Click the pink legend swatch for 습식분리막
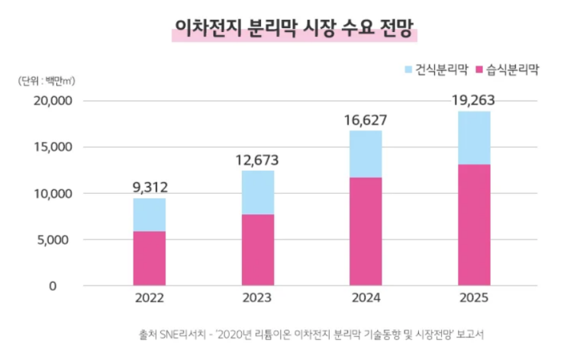click(480, 70)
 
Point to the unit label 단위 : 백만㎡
click(45, 80)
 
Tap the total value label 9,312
click(150, 185)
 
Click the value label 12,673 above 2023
click(257, 160)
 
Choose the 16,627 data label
click(366, 120)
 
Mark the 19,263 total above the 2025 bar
click(474, 100)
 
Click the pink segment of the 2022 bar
click(150, 259)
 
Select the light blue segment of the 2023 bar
click(257, 192)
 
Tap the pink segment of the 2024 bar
click(366, 232)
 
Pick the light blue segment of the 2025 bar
click(474, 138)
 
